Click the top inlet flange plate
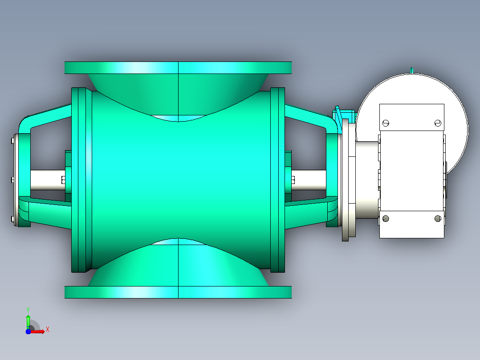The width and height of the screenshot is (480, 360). pyautogui.click(x=178, y=68)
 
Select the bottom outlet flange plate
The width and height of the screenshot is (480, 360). pyautogui.click(x=178, y=292)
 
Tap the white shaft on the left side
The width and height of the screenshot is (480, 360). pyautogui.click(x=48, y=180)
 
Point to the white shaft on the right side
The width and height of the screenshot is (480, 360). pyautogui.click(x=309, y=180)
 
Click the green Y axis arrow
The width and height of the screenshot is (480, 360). pyautogui.click(x=28, y=321)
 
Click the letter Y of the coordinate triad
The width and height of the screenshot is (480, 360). pyautogui.click(x=28, y=310)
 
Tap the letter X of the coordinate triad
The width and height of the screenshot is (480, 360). pyautogui.click(x=48, y=330)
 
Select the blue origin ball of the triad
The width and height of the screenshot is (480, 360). pyautogui.click(x=28, y=331)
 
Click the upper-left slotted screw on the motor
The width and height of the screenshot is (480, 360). pyautogui.click(x=386, y=123)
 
